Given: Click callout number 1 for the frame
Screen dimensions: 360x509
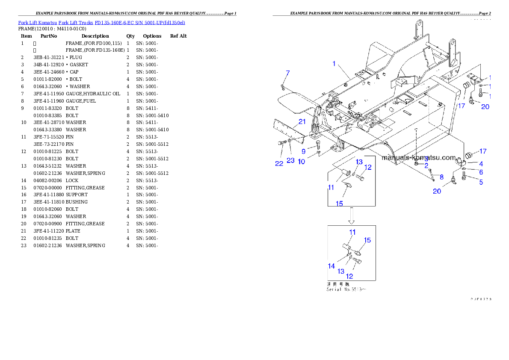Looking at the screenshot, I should [334, 64].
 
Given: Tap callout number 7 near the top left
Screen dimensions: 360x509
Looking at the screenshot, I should [287, 73].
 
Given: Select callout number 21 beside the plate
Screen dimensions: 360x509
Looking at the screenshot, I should [302, 122].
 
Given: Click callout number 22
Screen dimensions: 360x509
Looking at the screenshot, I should [279, 164].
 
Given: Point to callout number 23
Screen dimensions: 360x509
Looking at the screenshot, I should [291, 161].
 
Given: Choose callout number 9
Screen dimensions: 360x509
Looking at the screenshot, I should [303, 151].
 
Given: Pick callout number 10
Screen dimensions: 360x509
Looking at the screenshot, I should [302, 162].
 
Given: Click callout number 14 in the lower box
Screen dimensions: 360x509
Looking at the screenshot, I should [331, 266].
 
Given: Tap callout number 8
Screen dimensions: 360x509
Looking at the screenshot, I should [441, 177].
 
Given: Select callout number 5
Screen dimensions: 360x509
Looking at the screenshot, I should [481, 182].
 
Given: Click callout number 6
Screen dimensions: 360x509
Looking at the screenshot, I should [481, 172].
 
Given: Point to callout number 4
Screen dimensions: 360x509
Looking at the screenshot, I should [481, 164].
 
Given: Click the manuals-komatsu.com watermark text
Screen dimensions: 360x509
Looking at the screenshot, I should [419, 157].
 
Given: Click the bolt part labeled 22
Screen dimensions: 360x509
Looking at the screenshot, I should [282, 143].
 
